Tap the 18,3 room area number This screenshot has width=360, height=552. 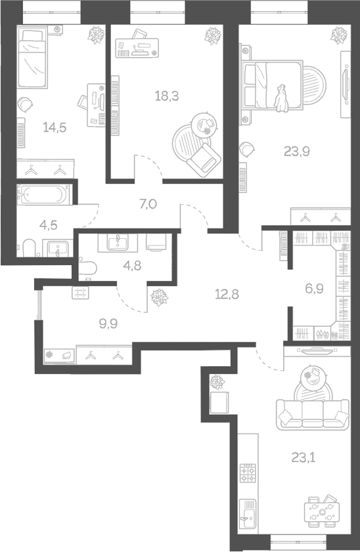[167, 95]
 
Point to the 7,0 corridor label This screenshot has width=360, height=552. [148, 204]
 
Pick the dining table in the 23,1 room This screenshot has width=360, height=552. [323, 511]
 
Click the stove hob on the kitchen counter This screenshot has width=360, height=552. [248, 473]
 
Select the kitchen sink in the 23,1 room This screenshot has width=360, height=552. [248, 511]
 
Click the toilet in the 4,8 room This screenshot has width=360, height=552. [87, 268]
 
